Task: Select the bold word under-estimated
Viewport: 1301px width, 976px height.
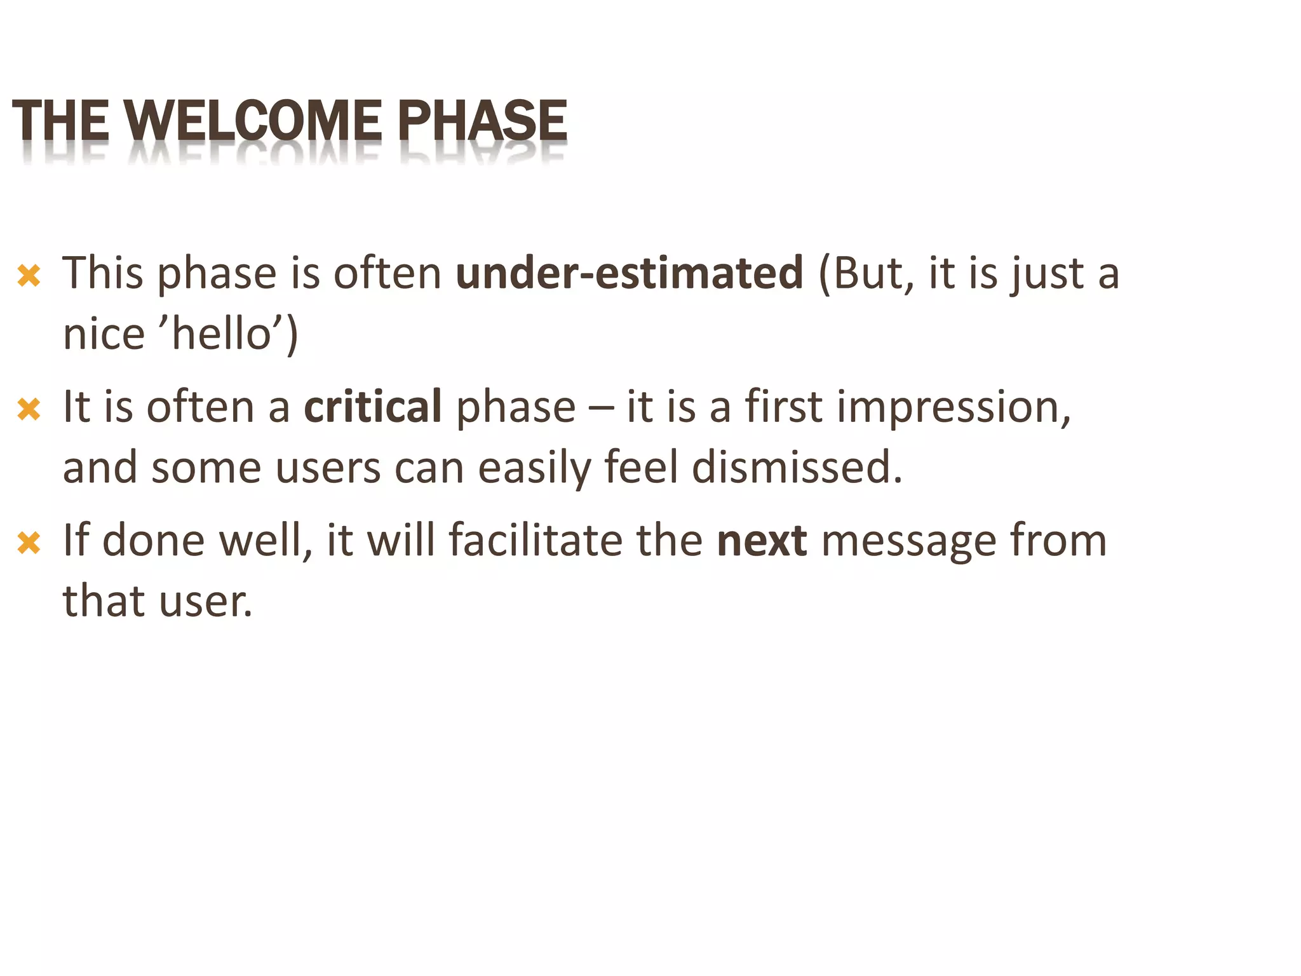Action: [x=630, y=273]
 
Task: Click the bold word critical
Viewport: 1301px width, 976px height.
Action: [x=373, y=407]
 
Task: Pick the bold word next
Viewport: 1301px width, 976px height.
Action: [x=762, y=541]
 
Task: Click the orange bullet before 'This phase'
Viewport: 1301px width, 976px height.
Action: [x=29, y=276]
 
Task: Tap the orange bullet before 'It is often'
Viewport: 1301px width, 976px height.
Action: [x=29, y=409]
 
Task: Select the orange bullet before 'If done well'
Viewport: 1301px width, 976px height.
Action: [x=29, y=543]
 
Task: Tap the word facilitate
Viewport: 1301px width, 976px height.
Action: [x=536, y=541]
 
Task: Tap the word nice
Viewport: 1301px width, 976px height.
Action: [x=104, y=335]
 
